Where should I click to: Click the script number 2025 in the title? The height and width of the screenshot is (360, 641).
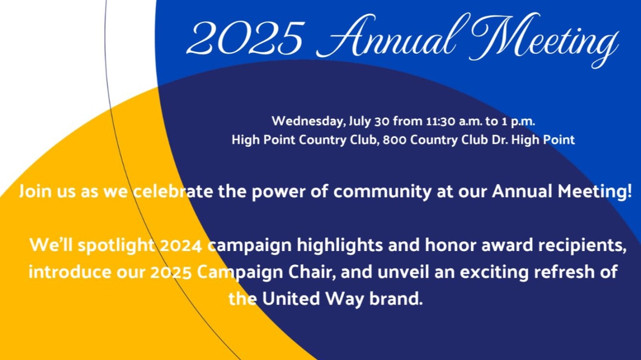click(246, 38)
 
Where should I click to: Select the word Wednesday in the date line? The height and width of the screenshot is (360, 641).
click(308, 121)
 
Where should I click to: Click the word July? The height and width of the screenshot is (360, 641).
click(359, 122)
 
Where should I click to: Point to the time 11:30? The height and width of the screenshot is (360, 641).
click(440, 122)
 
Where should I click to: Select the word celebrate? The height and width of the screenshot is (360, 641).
click(173, 191)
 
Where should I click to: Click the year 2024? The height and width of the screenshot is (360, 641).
click(181, 246)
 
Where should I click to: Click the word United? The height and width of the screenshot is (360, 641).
click(291, 299)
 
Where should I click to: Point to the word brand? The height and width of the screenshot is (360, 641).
click(396, 299)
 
